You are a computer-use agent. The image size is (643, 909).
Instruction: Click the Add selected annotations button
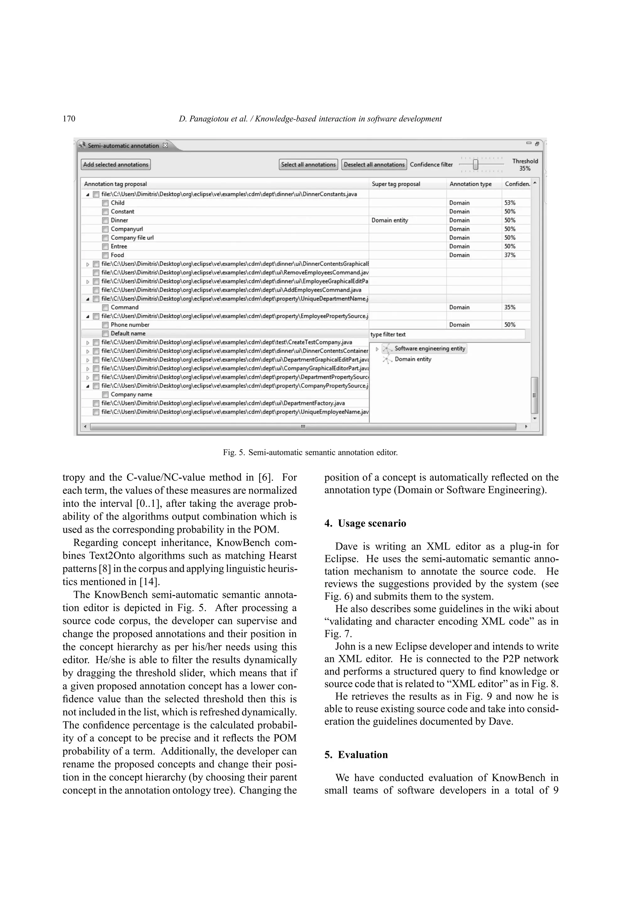tap(116, 165)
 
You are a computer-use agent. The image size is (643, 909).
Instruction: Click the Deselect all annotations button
tap(374, 165)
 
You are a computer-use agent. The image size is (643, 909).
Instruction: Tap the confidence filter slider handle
tap(475, 164)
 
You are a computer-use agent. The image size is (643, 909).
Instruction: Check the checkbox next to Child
tap(105, 203)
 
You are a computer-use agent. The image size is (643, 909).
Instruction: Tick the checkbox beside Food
tap(105, 255)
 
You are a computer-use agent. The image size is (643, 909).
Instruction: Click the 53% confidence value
tap(510, 203)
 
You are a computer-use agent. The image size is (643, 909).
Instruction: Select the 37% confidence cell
tap(510, 255)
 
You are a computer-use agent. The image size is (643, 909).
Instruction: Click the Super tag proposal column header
tap(396, 184)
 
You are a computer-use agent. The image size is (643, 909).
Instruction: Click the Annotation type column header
tap(470, 184)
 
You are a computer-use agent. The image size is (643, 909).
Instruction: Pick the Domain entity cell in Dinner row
tap(390, 220)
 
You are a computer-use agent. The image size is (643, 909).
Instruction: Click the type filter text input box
tap(447, 335)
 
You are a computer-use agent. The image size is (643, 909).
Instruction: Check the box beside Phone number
tap(105, 325)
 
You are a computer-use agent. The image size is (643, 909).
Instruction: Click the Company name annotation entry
tap(131, 394)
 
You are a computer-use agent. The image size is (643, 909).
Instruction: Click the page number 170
tap(69, 119)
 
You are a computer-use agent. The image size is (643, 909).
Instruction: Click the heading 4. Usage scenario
tap(365, 524)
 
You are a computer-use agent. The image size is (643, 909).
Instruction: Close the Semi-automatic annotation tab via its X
tap(165, 145)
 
